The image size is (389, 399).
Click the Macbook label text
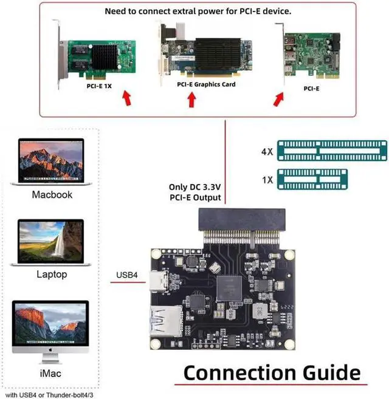tap(52, 195)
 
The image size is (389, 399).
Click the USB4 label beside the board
tap(126, 275)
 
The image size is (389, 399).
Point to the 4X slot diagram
tap(331, 150)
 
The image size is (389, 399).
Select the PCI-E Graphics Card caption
tap(206, 84)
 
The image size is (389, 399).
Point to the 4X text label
tap(266, 151)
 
